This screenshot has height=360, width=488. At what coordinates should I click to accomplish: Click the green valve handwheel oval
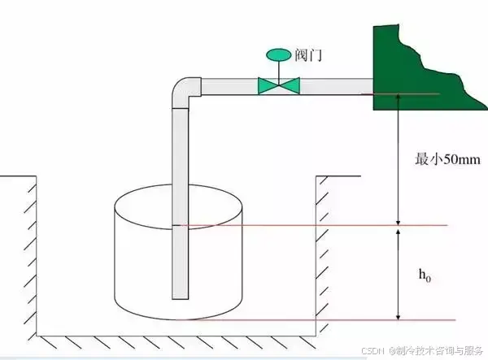tap(278, 54)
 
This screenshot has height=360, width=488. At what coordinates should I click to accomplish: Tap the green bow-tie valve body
tap(278, 85)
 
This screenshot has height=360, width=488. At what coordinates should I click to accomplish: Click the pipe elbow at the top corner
tap(185, 90)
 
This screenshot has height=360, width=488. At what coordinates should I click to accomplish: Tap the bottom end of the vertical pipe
tap(181, 294)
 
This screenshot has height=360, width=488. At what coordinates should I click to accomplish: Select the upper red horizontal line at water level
tap(325, 225)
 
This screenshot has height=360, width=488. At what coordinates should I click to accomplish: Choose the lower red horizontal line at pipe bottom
tap(325, 320)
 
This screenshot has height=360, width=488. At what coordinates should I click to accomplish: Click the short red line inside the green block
tap(407, 94)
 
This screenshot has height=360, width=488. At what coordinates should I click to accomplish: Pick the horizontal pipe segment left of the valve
tap(228, 85)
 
